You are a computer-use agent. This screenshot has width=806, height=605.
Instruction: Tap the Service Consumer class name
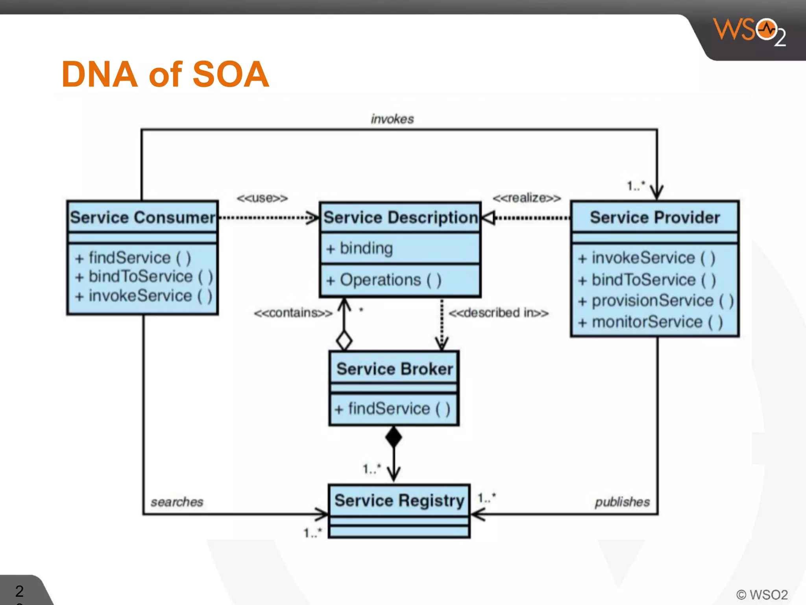click(142, 217)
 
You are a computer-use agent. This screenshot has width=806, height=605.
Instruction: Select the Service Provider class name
click(655, 217)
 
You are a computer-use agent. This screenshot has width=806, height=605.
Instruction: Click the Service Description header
click(400, 217)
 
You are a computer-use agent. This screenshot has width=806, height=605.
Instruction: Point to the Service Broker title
click(395, 369)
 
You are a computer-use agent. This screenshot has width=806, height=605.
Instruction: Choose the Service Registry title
click(399, 501)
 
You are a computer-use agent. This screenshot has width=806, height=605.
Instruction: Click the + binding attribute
click(360, 249)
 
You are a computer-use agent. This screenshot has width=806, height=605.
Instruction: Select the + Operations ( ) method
click(384, 280)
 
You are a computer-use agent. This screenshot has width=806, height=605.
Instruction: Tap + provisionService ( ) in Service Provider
click(656, 301)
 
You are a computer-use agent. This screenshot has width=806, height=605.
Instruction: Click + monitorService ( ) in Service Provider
click(650, 322)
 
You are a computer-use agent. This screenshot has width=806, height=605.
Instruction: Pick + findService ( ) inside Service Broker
click(392, 409)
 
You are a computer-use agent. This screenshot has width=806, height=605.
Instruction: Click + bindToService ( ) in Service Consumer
click(144, 277)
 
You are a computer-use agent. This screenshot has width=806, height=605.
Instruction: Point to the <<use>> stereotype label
click(262, 198)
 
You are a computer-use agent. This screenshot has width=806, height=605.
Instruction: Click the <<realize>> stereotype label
click(527, 198)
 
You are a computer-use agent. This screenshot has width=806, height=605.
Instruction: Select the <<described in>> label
click(498, 313)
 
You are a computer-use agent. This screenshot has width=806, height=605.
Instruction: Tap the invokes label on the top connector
click(392, 119)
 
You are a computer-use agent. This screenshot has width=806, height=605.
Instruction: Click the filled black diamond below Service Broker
click(394, 437)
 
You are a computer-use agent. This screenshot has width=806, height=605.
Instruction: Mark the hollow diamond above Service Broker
click(344, 340)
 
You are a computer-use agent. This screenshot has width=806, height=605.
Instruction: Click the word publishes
click(622, 502)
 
